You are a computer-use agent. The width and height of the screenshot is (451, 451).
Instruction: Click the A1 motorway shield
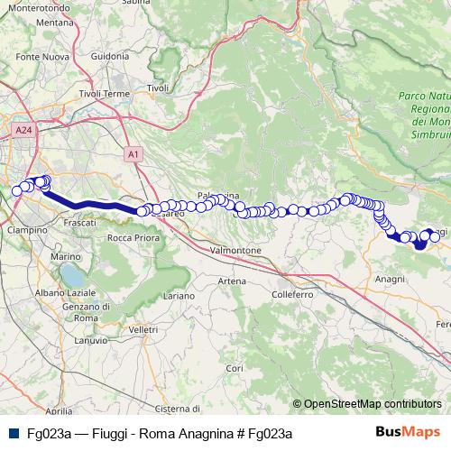pos(133,154)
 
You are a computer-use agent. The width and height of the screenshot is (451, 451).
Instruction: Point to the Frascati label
pos(81,222)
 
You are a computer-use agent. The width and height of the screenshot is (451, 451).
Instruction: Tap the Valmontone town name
pos(235,250)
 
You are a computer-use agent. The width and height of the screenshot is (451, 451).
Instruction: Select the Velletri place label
pos(143,331)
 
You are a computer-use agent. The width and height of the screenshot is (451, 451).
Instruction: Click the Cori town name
pos(235,368)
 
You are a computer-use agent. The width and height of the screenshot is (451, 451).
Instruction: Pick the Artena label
pos(232,281)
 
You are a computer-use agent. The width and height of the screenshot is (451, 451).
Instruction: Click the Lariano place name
pos(179,295)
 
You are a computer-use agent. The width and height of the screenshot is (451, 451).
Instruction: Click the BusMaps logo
pos(408,432)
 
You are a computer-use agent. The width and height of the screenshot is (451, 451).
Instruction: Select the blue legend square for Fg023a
pos(13,433)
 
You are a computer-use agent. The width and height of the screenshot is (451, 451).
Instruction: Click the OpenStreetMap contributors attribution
pos(373,404)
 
